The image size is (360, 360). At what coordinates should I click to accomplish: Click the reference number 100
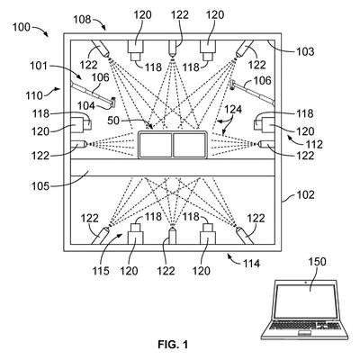tap(22, 27)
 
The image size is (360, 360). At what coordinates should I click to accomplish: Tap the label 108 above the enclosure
tap(82, 20)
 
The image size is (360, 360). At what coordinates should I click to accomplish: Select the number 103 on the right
tap(305, 51)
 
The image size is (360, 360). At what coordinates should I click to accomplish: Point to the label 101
tap(39, 66)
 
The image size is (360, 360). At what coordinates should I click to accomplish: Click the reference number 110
tap(34, 95)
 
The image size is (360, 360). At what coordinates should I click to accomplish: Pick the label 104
tap(86, 105)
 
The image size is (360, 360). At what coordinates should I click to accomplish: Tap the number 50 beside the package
tap(113, 121)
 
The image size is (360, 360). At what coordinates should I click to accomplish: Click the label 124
tap(233, 110)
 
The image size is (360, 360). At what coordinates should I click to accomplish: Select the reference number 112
tap(314, 145)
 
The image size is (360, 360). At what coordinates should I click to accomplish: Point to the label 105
tap(40, 186)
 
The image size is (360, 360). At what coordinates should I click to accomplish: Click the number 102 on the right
tap(305, 195)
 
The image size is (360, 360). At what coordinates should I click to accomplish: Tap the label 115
tap(101, 271)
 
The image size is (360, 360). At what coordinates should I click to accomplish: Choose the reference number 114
tap(251, 264)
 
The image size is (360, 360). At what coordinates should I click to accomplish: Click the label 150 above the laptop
tap(317, 262)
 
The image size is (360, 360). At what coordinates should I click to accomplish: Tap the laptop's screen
tap(305, 301)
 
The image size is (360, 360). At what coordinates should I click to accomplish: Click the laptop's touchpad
tap(304, 334)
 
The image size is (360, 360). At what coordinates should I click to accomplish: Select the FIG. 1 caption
tap(173, 345)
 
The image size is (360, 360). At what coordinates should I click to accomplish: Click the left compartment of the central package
tap(155, 145)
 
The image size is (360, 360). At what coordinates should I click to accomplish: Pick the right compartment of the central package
tap(189, 145)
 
